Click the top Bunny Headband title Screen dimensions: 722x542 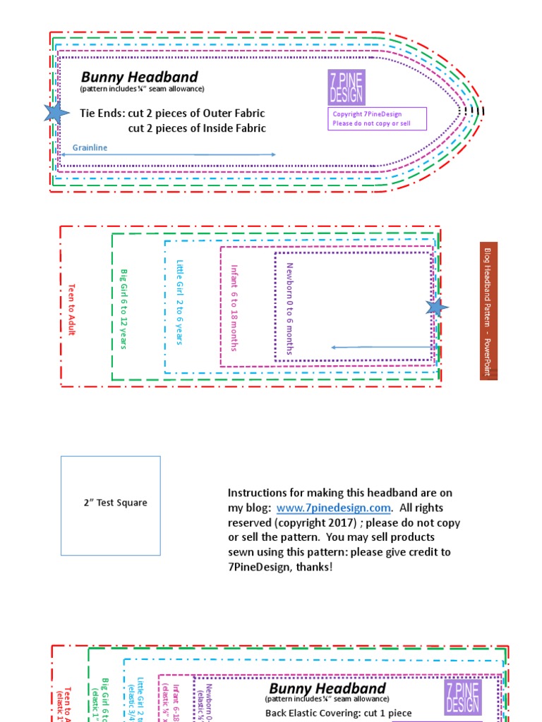click(139, 77)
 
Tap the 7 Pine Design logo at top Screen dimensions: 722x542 click(346, 87)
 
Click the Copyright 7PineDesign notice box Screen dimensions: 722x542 click(378, 118)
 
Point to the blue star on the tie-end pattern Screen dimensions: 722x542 click(54, 112)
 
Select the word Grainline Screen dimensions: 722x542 click(90, 148)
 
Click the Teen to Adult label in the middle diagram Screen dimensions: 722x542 click(71, 309)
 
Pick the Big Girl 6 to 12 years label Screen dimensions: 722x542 click(124, 308)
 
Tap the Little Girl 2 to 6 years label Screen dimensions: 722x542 click(179, 302)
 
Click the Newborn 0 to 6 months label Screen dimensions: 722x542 click(289, 308)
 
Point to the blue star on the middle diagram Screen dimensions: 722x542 click(436, 307)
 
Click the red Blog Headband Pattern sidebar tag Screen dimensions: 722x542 click(488, 311)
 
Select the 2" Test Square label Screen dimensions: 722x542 click(115, 503)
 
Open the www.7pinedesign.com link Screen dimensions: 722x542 click(333, 508)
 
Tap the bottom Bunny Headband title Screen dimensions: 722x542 click(327, 688)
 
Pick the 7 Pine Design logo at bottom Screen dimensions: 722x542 click(463, 697)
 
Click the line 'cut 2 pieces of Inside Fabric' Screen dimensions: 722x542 click(197, 128)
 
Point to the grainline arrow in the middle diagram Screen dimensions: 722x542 click(382, 347)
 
